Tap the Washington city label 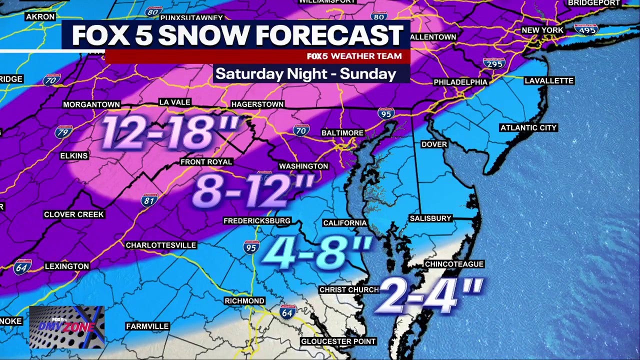pyautogui.click(x=303, y=166)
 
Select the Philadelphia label pyautogui.click(x=460, y=82)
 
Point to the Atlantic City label pyautogui.click(x=528, y=128)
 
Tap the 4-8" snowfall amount pyautogui.click(x=316, y=252)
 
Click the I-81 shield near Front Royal pyautogui.click(x=149, y=200)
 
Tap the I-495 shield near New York pyautogui.click(x=585, y=28)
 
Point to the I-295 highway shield pyautogui.click(x=493, y=63)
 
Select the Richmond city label pyautogui.click(x=244, y=301)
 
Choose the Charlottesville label pyautogui.click(x=161, y=245)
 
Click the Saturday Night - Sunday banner pyautogui.click(x=306, y=74)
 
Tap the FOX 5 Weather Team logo pyautogui.click(x=354, y=56)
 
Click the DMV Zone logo pyautogui.click(x=66, y=327)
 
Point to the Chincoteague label pyautogui.click(x=454, y=264)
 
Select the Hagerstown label pyautogui.click(x=257, y=104)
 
